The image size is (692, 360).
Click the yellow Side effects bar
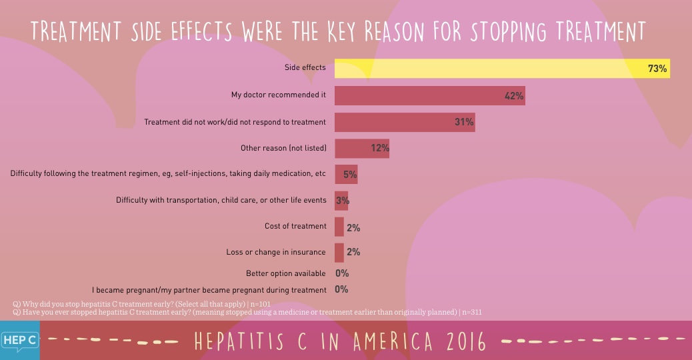[x=493, y=69]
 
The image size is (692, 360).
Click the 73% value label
[x=657, y=69]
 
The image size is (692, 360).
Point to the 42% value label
[x=514, y=96]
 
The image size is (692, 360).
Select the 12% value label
[x=380, y=148]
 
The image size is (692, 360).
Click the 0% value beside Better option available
[x=342, y=273]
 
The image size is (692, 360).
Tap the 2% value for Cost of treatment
[x=353, y=228]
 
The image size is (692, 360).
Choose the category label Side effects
[x=305, y=68]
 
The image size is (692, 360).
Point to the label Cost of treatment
[x=295, y=227]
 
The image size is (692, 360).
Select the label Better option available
[x=285, y=273]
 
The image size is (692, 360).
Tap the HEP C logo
[x=19, y=340]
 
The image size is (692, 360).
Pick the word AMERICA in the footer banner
[x=381, y=341]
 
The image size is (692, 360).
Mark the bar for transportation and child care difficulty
[x=341, y=201]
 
